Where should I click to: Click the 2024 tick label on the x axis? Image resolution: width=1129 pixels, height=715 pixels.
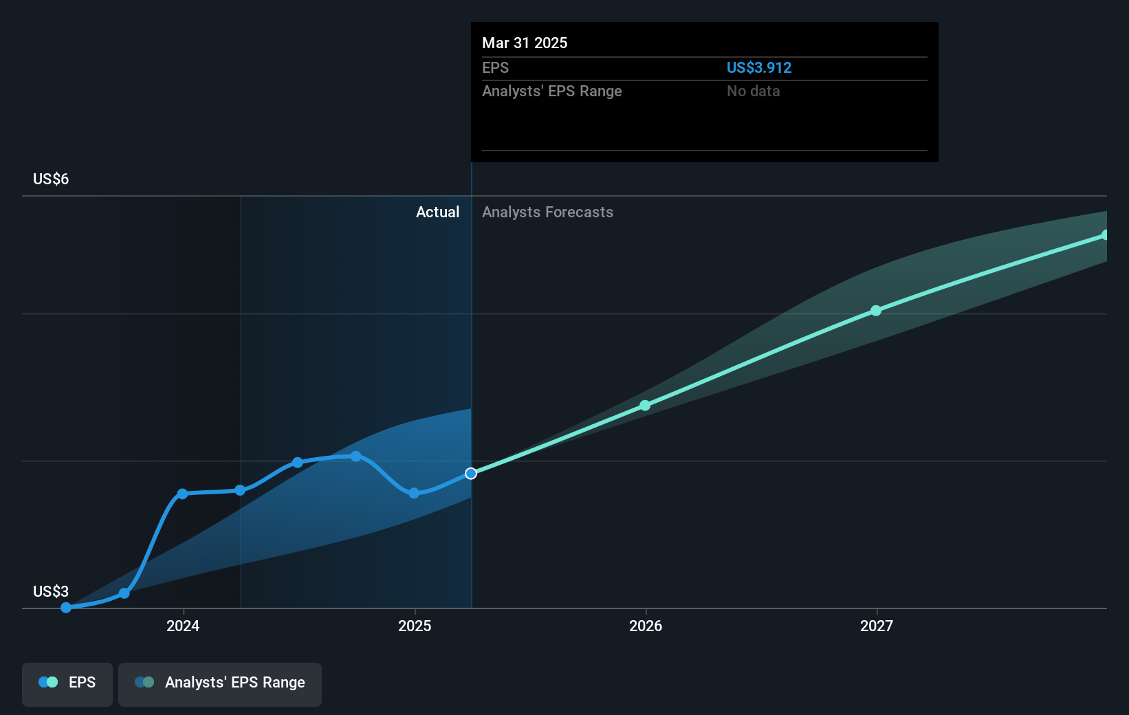coord(183,626)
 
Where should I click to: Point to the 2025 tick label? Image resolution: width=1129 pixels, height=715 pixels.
coord(415,626)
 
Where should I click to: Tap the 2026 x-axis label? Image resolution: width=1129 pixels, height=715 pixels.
coord(646,626)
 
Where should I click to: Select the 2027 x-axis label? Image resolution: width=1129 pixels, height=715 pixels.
coord(877,626)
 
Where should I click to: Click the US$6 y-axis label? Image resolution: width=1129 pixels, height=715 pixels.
coord(51,179)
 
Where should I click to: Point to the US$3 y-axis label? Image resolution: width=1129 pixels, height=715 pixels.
coord(51,592)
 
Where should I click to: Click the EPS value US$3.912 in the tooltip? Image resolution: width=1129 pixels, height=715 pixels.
coord(759,68)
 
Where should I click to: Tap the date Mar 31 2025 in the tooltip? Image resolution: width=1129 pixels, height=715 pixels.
coord(525,43)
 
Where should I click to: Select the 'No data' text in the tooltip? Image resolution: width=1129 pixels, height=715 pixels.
coord(753,91)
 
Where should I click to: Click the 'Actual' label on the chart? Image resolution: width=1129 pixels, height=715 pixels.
coord(437,212)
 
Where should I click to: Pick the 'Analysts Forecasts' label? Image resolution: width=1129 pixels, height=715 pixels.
coord(547,212)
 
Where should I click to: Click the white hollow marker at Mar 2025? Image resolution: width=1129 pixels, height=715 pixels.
coord(471,474)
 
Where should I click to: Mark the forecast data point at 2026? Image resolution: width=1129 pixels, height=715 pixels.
coord(645,406)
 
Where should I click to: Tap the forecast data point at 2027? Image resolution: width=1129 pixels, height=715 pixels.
coord(876,311)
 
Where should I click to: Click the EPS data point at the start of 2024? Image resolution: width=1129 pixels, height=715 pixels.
coord(182,494)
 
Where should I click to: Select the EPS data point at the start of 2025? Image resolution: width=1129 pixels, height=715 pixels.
coord(414,493)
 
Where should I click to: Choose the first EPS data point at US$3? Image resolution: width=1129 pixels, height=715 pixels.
coord(66,608)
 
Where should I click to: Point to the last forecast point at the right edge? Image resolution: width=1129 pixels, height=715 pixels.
coord(1105,235)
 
